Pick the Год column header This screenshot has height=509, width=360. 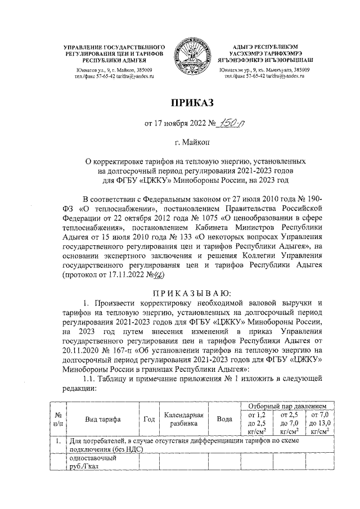(150, 420)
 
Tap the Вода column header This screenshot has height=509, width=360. (224, 420)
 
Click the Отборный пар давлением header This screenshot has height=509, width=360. (287, 406)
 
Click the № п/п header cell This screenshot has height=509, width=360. (57, 420)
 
